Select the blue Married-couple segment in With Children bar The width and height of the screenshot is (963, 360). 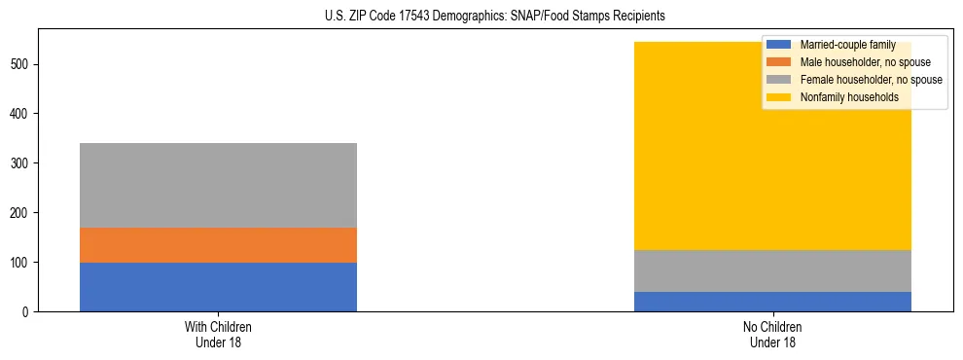(218, 287)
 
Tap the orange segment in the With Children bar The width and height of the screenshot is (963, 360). (218, 245)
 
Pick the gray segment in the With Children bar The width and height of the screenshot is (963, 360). (218, 185)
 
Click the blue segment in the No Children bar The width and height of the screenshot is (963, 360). (772, 302)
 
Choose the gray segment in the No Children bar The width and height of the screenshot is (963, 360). (772, 271)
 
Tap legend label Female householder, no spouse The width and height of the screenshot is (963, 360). (871, 80)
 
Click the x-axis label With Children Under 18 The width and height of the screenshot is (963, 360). (218, 335)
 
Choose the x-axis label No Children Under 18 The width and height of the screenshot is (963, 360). (772, 335)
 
